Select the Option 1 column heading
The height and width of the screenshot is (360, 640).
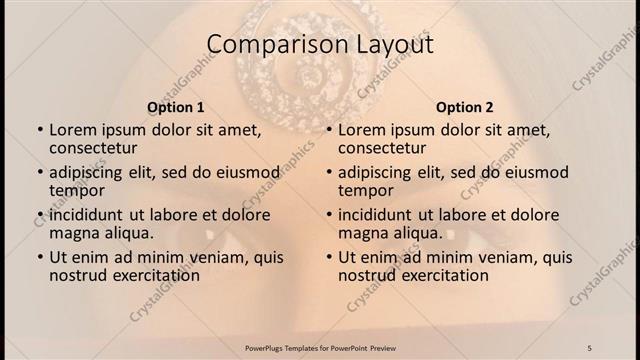coord(176,107)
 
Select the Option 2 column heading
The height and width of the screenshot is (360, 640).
coord(464,107)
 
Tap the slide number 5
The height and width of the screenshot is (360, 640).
coord(590,347)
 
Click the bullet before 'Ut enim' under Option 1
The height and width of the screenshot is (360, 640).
coord(39,258)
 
